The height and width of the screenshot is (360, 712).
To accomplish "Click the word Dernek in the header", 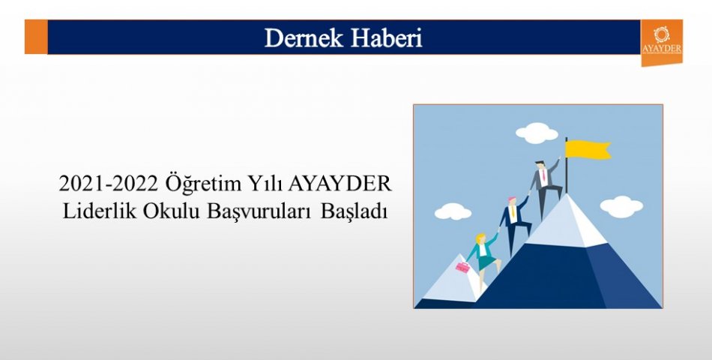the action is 304,37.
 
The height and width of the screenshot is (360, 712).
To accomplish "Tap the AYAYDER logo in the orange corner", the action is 662,41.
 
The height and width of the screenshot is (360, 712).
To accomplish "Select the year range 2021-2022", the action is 108,184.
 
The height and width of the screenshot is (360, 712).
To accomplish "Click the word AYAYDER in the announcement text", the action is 340,184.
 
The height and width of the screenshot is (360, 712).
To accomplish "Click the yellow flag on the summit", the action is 587,149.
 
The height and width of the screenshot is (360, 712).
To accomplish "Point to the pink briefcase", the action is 462,267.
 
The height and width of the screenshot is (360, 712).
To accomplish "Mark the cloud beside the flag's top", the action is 537,133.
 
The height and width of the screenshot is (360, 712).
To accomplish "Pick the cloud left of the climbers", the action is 453,211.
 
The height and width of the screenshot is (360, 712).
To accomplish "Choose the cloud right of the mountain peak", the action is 621,206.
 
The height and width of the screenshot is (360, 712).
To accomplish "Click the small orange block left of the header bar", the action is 36,37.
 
